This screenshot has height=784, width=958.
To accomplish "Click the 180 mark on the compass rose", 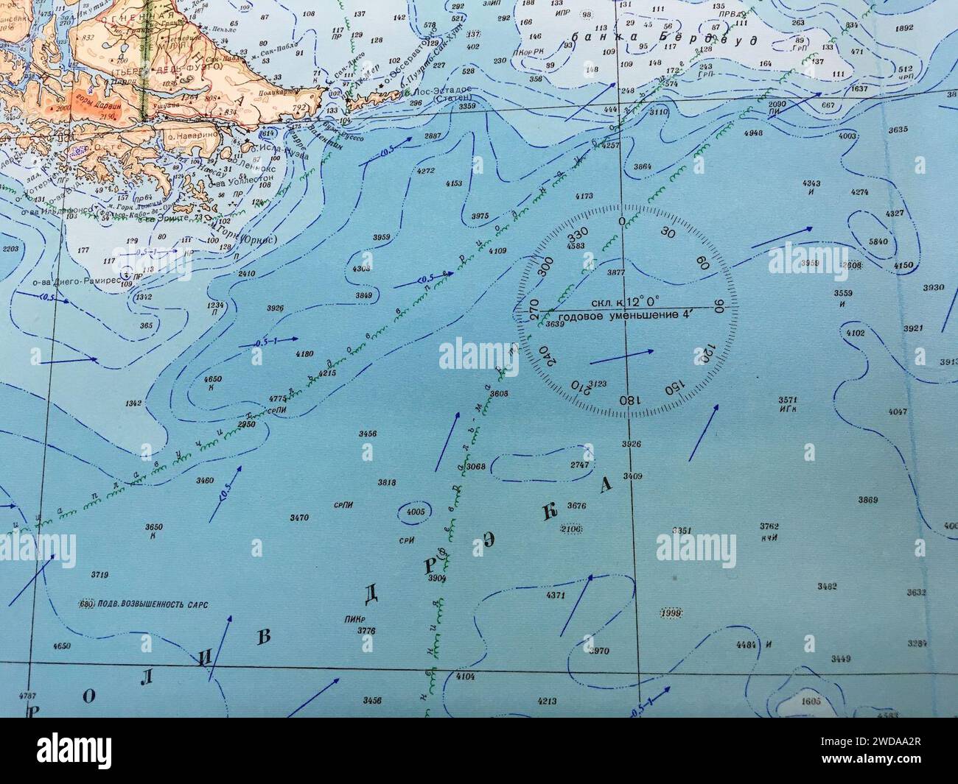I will (x=628, y=399).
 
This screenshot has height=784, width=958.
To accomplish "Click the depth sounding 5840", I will (x=878, y=241).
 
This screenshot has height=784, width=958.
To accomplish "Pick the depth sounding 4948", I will (x=753, y=133).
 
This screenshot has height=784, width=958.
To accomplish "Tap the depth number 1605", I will (x=811, y=702).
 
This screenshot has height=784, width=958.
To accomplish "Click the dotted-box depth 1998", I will (x=671, y=612).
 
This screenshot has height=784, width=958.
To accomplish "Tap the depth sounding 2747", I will (x=581, y=465).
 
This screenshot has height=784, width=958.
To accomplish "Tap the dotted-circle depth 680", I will (x=88, y=604).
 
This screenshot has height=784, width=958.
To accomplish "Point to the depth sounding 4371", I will (x=555, y=595).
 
